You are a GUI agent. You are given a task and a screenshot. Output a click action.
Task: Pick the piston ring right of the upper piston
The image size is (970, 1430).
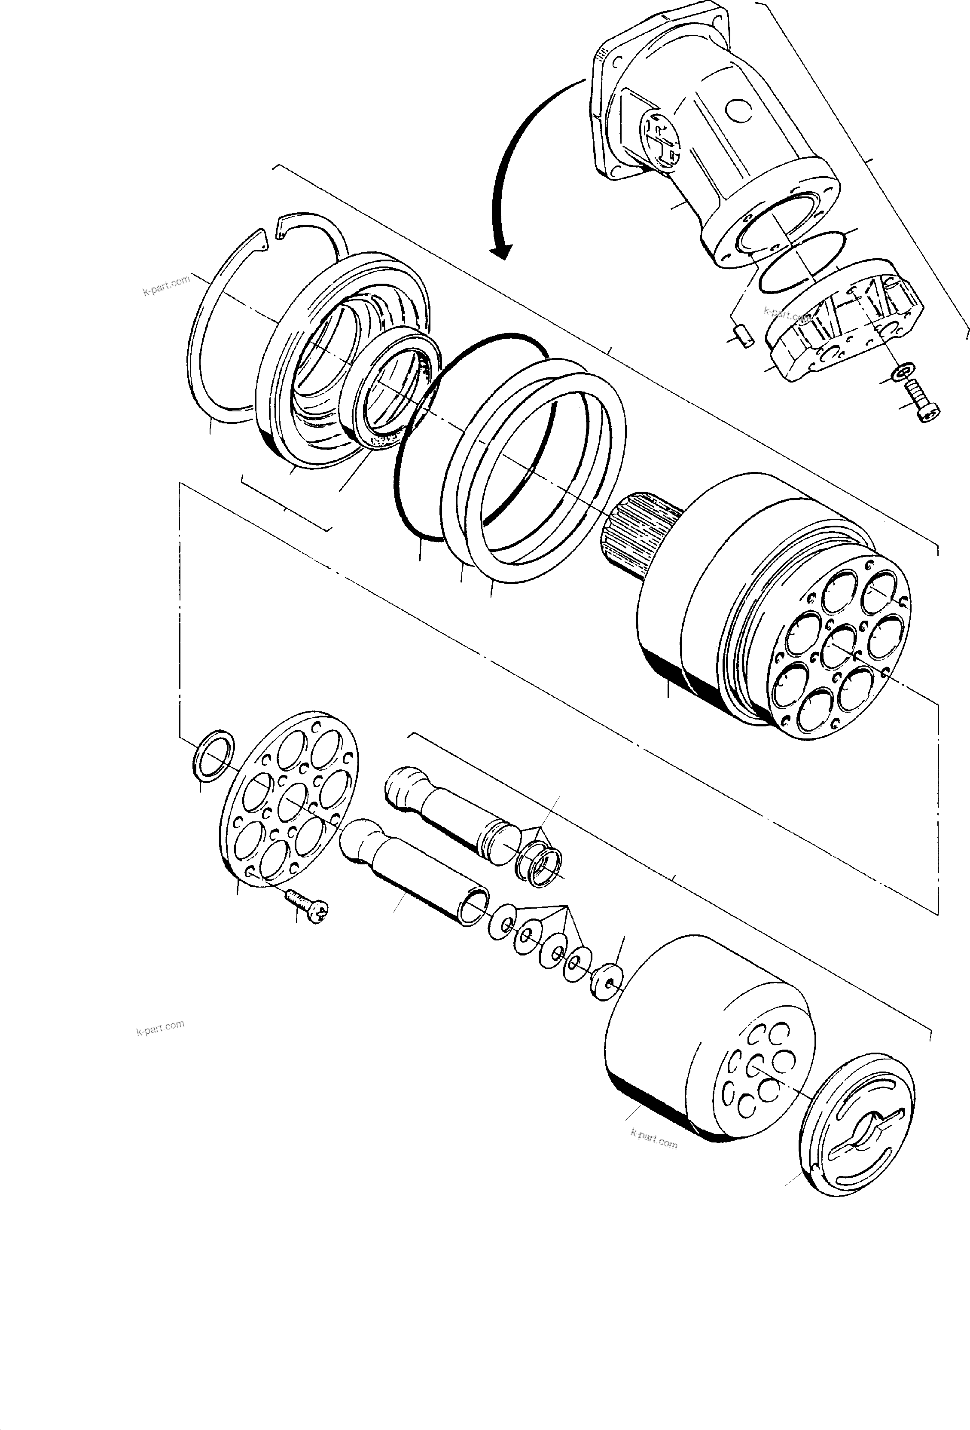[x=538, y=867]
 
